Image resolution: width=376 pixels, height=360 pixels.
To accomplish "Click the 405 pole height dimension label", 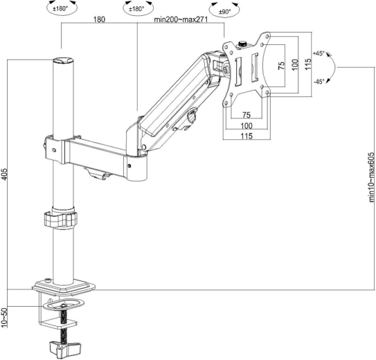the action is [5, 174].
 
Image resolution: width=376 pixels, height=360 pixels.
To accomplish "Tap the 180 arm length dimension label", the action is [99, 19].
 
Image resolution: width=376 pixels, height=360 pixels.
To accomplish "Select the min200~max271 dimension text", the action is [181, 19].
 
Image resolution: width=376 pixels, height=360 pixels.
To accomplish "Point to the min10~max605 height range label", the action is [371, 177].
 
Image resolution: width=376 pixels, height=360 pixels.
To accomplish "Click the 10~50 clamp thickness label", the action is [5, 317].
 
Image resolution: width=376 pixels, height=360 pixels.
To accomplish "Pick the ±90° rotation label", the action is [224, 12].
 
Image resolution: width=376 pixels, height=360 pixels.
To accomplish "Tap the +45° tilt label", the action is [319, 53].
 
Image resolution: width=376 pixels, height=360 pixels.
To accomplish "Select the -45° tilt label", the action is [319, 82].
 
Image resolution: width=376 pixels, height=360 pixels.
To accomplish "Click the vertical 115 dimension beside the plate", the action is [308, 64].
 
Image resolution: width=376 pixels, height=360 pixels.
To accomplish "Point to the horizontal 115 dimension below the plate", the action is [247, 136].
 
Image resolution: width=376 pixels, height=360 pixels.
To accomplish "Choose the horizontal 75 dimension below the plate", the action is [247, 115].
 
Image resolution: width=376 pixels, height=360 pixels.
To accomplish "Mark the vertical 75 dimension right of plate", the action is [282, 66].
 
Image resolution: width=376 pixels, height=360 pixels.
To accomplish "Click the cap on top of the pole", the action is [63, 60].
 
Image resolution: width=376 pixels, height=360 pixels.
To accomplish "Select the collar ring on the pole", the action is [60, 218].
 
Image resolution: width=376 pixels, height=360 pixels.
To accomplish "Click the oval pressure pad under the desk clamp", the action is [64, 304].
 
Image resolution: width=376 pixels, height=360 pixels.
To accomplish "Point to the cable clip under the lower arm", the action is [98, 174].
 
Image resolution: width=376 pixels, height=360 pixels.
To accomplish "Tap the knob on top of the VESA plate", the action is [243, 44].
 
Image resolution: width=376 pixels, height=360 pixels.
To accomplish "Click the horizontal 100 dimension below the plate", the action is [247, 125].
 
